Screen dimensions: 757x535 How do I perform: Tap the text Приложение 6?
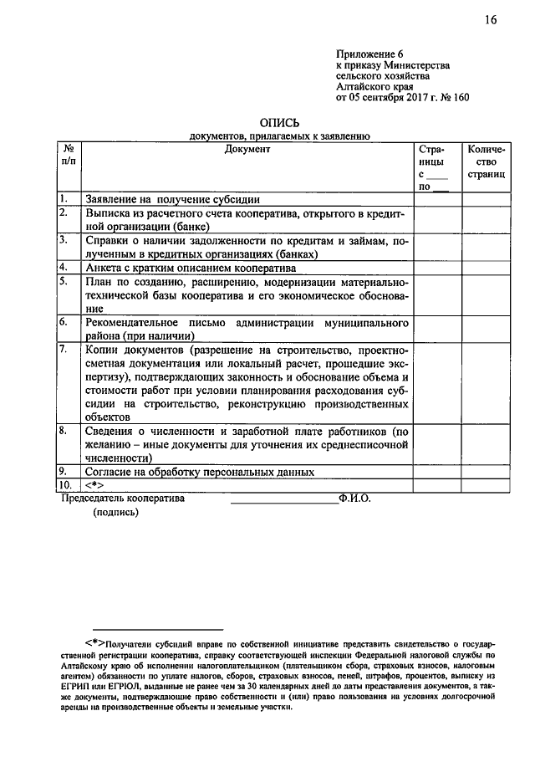coord(364,53)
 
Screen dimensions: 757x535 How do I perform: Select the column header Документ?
coord(247,149)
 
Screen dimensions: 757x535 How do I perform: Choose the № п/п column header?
coord(69,155)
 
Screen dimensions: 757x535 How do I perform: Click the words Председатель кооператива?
coord(124,497)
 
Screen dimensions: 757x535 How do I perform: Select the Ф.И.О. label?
coord(354,497)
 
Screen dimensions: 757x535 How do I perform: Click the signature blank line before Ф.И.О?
coord(284,500)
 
